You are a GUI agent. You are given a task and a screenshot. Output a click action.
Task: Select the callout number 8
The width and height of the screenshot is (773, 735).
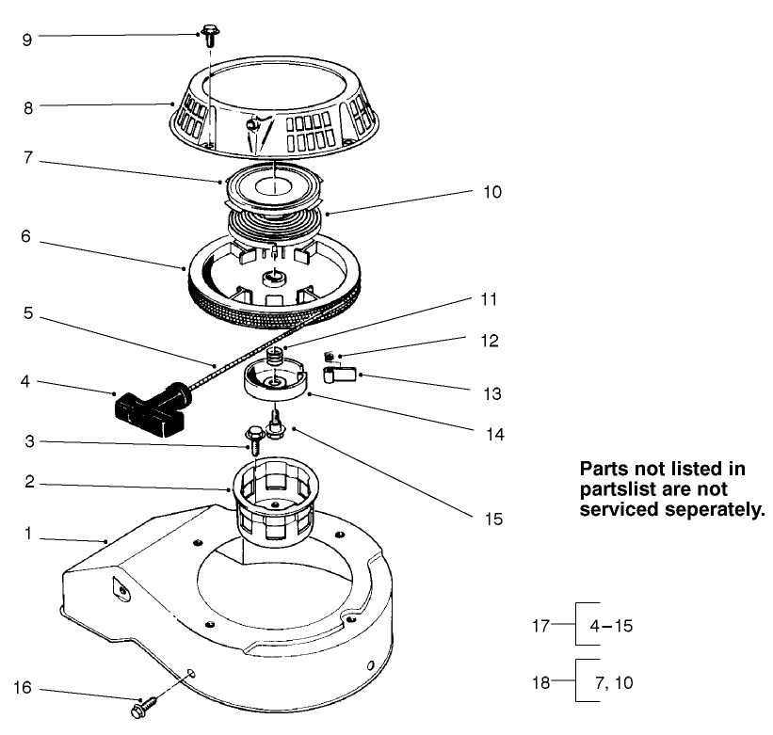coord(29,107)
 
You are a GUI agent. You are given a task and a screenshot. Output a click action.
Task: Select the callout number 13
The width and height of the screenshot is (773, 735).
coord(491,391)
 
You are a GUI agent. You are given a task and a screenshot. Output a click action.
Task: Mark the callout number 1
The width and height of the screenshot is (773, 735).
coord(29,534)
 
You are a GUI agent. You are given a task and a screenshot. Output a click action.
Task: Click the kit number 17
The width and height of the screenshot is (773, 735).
coord(540,624)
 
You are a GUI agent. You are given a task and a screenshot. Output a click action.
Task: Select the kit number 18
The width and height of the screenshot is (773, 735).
coord(540,682)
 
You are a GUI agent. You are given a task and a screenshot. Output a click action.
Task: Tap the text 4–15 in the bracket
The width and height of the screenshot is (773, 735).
coord(611,624)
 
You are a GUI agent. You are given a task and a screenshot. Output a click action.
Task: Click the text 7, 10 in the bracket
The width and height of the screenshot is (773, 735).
coord(611,682)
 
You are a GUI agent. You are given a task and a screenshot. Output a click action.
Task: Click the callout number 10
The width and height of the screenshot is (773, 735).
coord(491,192)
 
